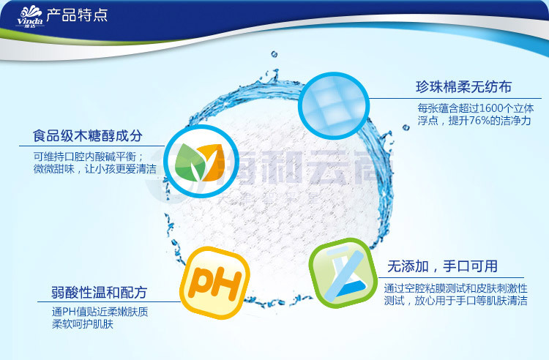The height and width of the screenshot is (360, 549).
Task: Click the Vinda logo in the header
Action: pos(30,16)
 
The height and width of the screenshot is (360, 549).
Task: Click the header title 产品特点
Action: pos(77,15)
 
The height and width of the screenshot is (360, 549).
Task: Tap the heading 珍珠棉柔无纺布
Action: pos(463,87)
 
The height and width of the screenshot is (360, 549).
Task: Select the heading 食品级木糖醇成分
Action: pos(88,136)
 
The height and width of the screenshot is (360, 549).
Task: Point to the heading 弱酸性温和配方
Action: pos(99,293)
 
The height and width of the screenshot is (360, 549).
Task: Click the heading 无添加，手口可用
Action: pos(442,266)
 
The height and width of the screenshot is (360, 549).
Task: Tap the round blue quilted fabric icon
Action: pos(333,106)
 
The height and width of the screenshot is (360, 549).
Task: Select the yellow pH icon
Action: pos(214,283)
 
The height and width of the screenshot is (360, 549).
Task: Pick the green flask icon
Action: pos(343,273)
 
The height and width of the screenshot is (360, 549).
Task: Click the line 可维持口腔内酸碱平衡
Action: pos(89,157)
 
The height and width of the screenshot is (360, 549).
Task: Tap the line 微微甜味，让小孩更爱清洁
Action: pos(95,169)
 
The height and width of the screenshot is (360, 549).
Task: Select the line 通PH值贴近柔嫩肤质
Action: pos(100,312)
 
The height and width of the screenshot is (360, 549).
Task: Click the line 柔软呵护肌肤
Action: pos(83,324)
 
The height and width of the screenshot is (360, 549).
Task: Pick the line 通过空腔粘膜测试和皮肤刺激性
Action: pos(455,288)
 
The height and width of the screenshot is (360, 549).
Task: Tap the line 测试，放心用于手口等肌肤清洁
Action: pos(455,301)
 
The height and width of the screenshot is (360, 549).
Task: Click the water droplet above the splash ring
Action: pos(274,54)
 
